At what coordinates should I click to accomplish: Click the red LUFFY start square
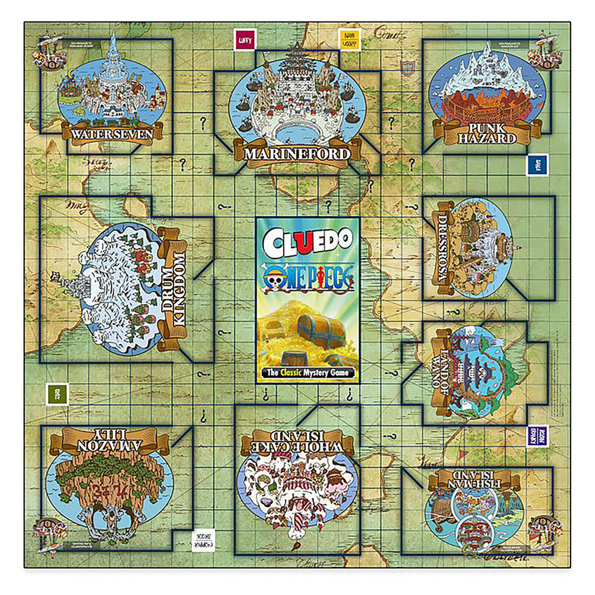pos(244,40)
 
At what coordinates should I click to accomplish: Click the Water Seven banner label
pos(112,134)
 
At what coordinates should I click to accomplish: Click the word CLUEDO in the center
pos(307,240)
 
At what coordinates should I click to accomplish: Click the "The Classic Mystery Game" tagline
pos(307,372)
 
